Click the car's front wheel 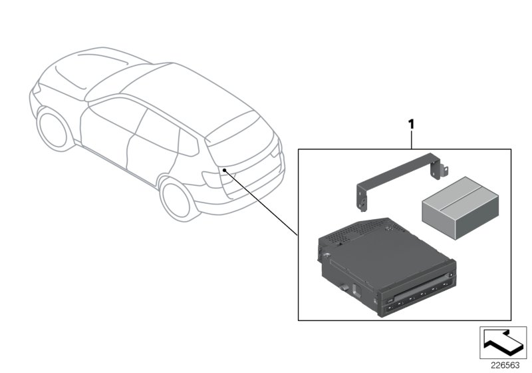[x=51, y=131]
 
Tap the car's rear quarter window [x=188, y=141]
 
